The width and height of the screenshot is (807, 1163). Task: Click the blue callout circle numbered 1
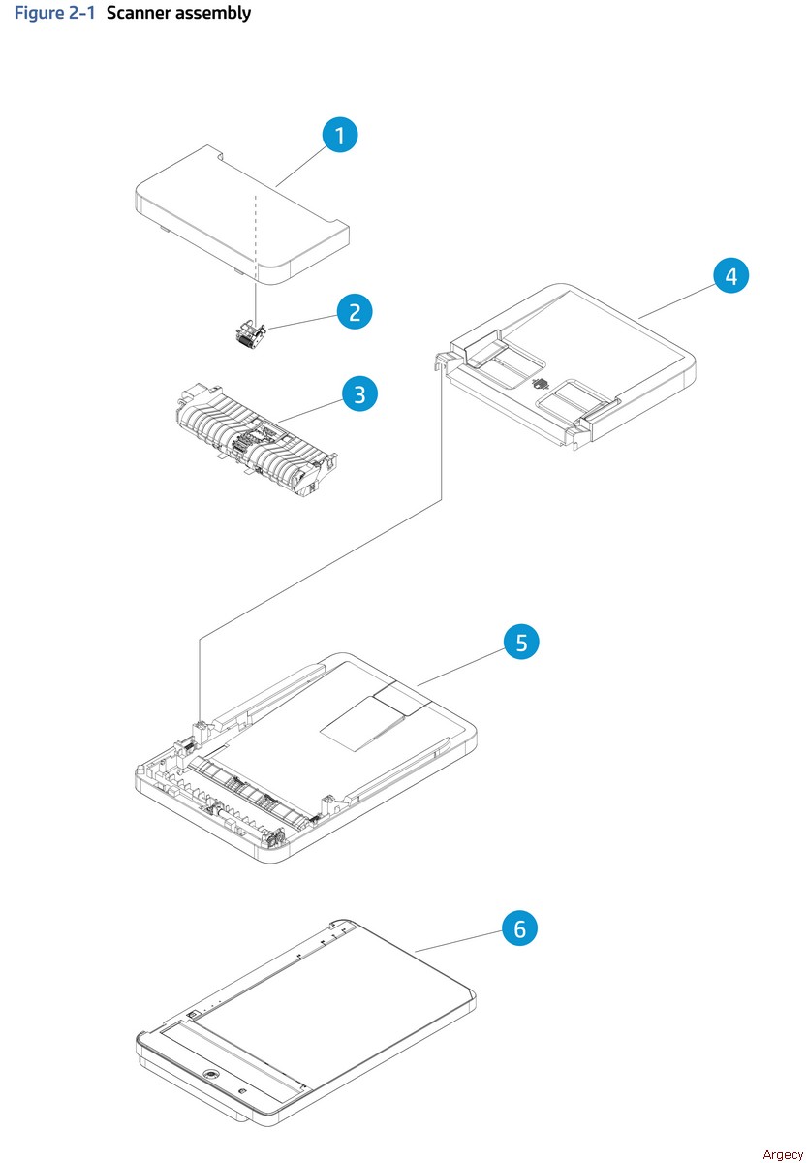point(339,135)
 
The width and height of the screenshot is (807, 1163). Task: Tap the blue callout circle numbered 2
point(355,311)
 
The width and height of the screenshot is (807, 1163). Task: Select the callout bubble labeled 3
point(359,393)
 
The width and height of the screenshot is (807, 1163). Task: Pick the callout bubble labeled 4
point(731,275)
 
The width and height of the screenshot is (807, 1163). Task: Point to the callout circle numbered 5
point(521,642)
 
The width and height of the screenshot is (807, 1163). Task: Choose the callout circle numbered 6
point(519,928)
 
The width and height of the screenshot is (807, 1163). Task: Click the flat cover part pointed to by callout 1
point(223,208)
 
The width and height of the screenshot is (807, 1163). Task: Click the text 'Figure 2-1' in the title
point(53,14)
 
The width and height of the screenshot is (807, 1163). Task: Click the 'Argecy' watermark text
point(783,1153)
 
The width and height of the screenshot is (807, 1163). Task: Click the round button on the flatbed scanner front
point(211,1075)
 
